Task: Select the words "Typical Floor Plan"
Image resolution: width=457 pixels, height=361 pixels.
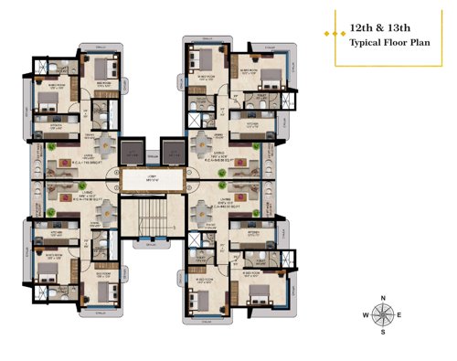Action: (388, 42)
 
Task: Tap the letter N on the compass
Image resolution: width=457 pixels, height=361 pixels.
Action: (385, 298)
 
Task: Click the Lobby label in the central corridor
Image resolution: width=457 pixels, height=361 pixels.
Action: (152, 178)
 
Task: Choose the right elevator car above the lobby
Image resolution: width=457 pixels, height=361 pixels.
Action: (171, 153)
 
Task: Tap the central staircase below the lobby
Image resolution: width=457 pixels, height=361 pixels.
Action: (152, 219)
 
